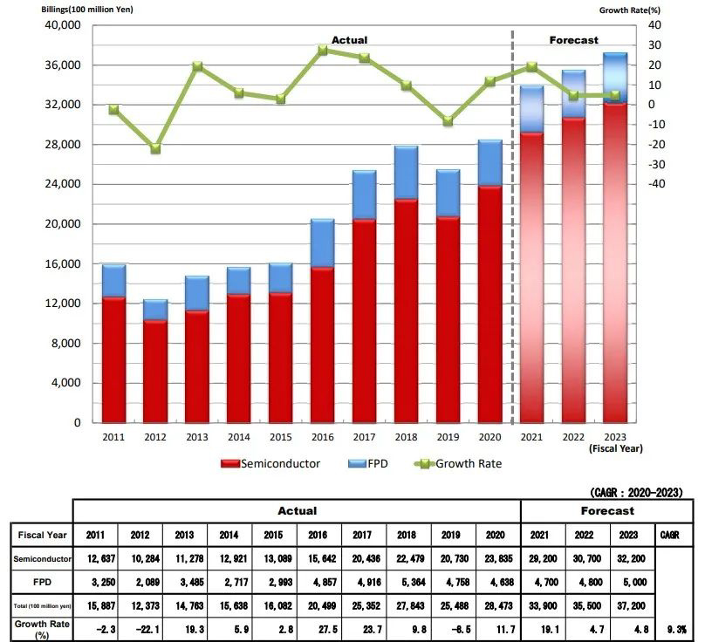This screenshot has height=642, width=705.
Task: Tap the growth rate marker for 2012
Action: point(155,149)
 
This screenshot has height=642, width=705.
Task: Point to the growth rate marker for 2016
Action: point(322,51)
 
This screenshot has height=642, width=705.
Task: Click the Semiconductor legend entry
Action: point(270,463)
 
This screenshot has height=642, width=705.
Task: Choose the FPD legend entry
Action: point(372,463)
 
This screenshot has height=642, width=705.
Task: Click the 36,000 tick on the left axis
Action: point(61,65)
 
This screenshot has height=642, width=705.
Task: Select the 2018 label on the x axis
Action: point(406,436)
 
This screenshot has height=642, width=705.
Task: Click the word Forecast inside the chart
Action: point(573,40)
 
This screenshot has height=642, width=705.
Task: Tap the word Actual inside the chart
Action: point(349,40)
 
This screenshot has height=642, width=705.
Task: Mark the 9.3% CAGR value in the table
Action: point(672,626)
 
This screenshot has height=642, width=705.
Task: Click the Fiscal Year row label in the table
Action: point(40,534)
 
